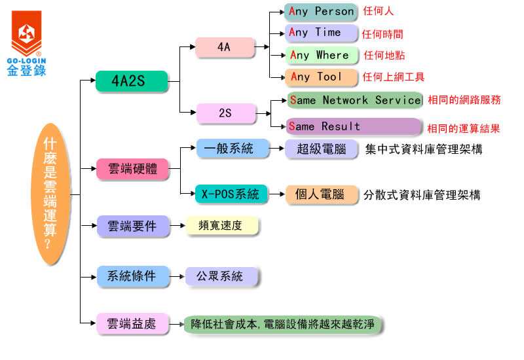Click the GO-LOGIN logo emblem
coord(26,32)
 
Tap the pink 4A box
coord(225,47)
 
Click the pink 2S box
coord(225,113)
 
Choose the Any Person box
coord(321,12)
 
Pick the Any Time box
coord(321,33)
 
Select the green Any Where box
coord(321,55)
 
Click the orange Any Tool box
coord(321,77)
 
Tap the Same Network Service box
coord(354,100)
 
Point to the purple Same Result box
coord(354,126)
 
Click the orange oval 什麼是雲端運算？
coord(50,194)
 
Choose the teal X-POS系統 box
coord(231,194)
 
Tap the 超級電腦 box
coord(321,149)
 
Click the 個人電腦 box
coord(321,194)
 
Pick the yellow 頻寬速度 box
coord(222,226)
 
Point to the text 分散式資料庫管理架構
coord(422,195)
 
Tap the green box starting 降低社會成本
coord(283,324)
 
